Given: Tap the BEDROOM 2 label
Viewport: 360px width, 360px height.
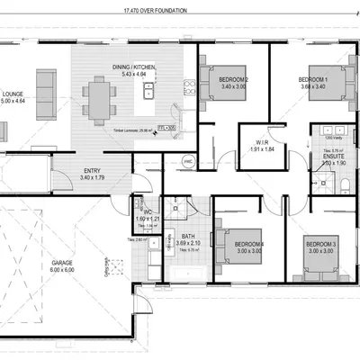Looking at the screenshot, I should tap(233, 80).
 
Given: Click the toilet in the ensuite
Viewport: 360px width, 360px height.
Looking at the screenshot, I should tap(346, 184).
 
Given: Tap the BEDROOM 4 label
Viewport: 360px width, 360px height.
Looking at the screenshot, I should tap(248, 244).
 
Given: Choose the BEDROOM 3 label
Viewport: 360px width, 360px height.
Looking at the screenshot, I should tap(319, 244).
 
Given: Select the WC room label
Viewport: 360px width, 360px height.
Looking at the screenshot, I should tap(146, 213).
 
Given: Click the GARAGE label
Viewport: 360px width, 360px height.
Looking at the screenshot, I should tap(61, 264).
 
